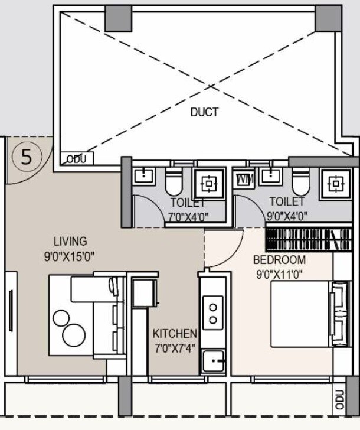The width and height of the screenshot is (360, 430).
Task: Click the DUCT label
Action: (204, 112)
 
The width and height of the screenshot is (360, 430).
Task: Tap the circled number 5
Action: (27, 157)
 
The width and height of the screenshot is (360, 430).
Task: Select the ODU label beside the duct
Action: (76, 159)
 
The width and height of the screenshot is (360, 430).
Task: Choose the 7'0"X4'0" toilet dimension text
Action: (188, 216)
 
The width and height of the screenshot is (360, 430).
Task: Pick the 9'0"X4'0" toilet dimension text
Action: (287, 216)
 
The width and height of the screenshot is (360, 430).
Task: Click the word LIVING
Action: (70, 241)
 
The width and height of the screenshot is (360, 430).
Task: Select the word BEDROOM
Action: (279, 260)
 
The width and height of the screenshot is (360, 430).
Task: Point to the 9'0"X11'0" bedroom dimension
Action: (279, 273)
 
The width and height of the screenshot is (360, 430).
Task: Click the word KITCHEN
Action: (175, 334)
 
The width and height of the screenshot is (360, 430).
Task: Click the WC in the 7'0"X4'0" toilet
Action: (174, 183)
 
